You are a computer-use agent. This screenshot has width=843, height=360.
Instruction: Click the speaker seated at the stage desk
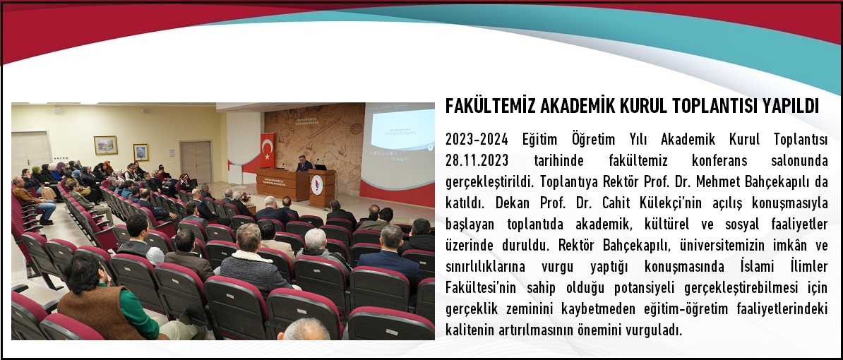[x=304, y=164]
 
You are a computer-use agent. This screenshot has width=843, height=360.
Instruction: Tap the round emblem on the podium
[x=317, y=185]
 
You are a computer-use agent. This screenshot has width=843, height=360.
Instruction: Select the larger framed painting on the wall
[x=105, y=145]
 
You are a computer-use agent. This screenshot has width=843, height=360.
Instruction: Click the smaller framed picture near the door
[x=141, y=152]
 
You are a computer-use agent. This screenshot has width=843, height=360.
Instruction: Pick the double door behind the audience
[x=196, y=162]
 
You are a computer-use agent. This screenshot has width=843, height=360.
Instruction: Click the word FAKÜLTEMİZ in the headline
[x=490, y=107]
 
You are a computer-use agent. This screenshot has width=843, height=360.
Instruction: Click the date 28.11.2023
[x=477, y=161]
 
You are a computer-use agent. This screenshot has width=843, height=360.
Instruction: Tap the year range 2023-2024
[x=477, y=140]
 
